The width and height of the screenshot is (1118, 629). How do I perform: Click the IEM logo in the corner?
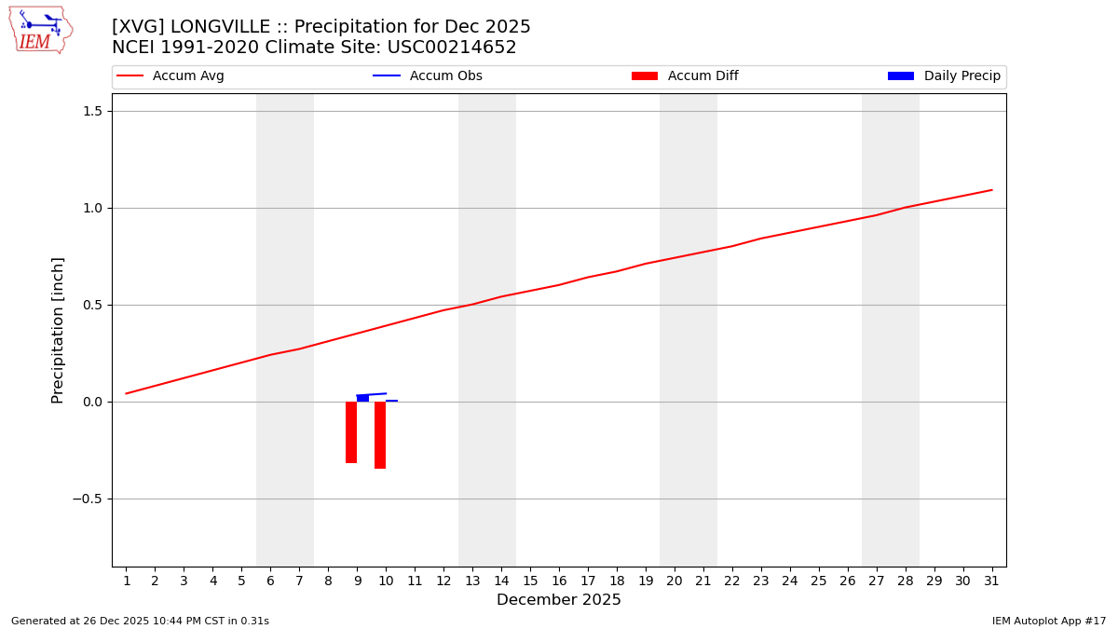click(40, 30)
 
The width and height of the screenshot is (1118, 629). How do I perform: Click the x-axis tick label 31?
click(991, 581)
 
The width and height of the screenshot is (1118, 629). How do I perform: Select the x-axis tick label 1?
click(127, 581)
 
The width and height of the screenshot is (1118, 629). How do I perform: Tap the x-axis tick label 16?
click(559, 581)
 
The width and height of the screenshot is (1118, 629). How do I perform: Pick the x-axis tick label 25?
click(818, 581)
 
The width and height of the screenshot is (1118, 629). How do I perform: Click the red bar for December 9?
click(351, 432)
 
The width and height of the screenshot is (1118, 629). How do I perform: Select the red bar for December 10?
click(380, 435)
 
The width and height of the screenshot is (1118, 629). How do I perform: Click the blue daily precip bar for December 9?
click(362, 399)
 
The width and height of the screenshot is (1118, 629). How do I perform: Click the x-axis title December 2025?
click(558, 600)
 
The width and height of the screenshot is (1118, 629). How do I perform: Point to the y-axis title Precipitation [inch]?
click(58, 330)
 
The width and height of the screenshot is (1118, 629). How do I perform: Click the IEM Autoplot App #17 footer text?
click(1048, 621)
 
